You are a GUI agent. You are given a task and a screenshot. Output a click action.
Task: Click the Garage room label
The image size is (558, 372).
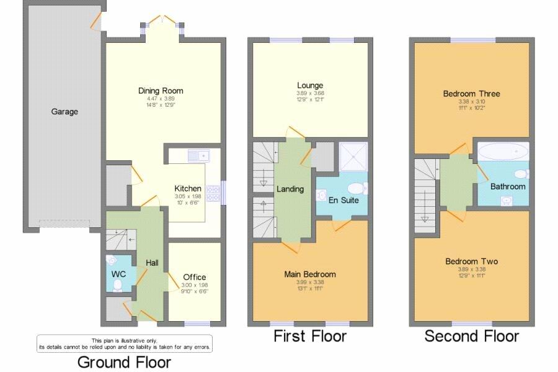[x=64, y=112]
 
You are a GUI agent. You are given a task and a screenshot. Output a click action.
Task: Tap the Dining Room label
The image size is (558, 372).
[x=161, y=91]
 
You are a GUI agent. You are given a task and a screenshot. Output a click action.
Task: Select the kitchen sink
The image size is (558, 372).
[x=200, y=153]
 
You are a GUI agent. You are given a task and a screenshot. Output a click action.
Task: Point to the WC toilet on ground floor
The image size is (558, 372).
[x=117, y=284]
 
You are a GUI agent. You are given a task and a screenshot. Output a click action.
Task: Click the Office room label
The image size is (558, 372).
[x=195, y=277]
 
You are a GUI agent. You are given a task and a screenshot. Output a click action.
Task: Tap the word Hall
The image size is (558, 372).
[x=152, y=263]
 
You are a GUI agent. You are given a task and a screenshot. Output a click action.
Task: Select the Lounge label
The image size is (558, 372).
[x=310, y=85]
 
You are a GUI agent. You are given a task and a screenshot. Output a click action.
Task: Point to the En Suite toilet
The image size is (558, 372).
[x=356, y=188]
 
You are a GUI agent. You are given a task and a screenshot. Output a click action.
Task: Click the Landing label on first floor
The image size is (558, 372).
[x=290, y=189]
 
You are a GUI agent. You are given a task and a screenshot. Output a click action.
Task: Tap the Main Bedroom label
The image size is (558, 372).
[x=310, y=274]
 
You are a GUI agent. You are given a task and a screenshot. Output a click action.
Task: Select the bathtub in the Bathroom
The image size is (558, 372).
[x=503, y=152]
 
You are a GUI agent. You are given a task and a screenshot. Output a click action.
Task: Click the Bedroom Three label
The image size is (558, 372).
[x=471, y=94]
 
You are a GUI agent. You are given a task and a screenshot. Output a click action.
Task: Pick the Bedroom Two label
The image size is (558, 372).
[x=471, y=261]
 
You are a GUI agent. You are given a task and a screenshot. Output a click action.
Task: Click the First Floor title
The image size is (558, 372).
[x=310, y=336]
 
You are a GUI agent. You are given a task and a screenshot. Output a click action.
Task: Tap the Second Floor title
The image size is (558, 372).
[x=471, y=336]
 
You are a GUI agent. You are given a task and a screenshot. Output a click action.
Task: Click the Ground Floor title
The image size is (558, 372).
[x=124, y=361]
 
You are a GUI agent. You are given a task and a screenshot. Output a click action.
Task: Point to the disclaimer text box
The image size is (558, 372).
[x=124, y=343]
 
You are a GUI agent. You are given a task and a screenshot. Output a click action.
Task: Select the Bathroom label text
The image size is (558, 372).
[x=508, y=186]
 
